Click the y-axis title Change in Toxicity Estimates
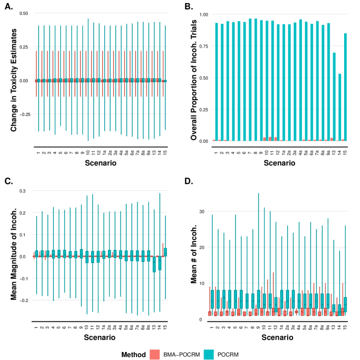coord(13,79)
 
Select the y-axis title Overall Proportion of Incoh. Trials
coord(194,79)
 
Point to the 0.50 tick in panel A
coord(24,13)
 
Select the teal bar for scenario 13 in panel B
coord(334,97)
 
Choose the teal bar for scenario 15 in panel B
coord(346,87)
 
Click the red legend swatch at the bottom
coord(155,355)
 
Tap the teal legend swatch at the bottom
coord(208,355)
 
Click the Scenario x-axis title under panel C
coord(101,338)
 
